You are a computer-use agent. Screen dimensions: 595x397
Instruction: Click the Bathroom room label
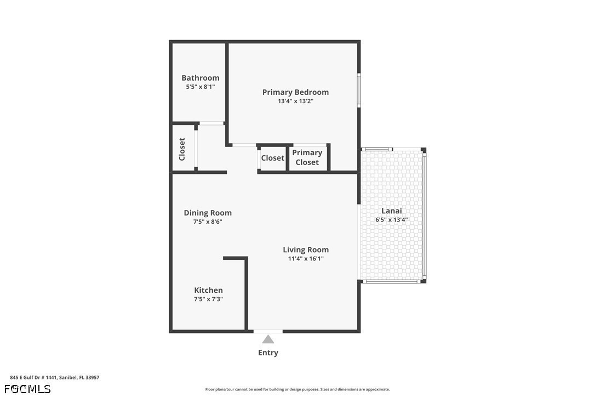(x=201, y=78)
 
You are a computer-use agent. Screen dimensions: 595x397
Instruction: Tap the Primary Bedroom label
(x=296, y=92)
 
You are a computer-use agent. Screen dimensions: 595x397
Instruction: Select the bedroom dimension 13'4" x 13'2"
(x=296, y=101)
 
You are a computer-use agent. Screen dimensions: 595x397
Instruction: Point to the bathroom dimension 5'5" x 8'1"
(x=201, y=87)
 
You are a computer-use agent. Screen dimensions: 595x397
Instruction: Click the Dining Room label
(x=208, y=213)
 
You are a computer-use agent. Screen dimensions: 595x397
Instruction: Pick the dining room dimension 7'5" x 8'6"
(x=208, y=222)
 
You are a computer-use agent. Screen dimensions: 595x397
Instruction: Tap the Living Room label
(x=306, y=250)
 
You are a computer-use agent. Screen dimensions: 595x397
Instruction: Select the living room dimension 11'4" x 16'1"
(x=306, y=259)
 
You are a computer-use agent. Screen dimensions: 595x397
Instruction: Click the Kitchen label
(x=208, y=290)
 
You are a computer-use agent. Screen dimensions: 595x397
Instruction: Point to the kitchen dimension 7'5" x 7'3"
(x=208, y=299)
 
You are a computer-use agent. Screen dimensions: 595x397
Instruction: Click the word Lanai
(x=392, y=211)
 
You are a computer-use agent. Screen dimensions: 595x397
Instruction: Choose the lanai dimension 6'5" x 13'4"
(x=392, y=219)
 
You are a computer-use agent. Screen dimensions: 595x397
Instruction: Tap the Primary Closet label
(x=307, y=157)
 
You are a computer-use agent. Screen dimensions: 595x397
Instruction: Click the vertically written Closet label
(x=182, y=149)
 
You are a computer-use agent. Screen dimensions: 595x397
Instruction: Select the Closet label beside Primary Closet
(x=272, y=158)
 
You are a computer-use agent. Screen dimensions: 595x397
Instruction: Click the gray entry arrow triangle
(x=268, y=339)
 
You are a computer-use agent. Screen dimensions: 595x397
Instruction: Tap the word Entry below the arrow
(x=268, y=353)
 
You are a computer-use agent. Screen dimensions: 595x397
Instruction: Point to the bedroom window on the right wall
(x=359, y=90)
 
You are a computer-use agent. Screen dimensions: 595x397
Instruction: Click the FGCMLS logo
(x=27, y=389)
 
